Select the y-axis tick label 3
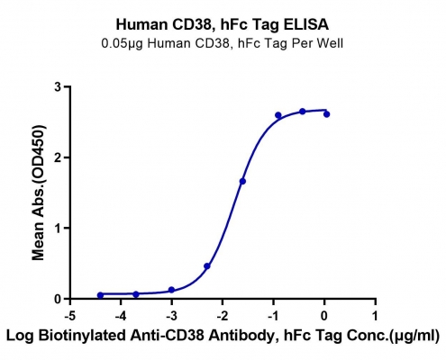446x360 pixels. click(x=58, y=87)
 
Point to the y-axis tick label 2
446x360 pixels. click(x=58, y=157)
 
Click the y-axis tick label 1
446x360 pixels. click(x=58, y=228)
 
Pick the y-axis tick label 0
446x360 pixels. click(x=58, y=299)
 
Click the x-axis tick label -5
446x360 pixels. click(x=70, y=316)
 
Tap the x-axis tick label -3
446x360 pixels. click(x=171, y=316)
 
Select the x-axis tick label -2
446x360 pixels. click(x=223, y=316)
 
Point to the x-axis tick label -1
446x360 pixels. click(x=273, y=316)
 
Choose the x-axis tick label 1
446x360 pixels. click(x=375, y=316)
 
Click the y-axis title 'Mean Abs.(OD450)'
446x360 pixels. click(x=39, y=193)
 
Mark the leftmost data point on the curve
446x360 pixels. click(x=100, y=295)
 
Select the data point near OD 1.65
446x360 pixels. click(x=242, y=181)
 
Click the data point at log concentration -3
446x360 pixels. click(x=171, y=290)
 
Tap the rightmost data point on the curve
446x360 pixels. click(x=326, y=114)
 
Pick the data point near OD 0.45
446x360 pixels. click(x=206, y=265)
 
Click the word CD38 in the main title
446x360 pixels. click(x=193, y=24)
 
